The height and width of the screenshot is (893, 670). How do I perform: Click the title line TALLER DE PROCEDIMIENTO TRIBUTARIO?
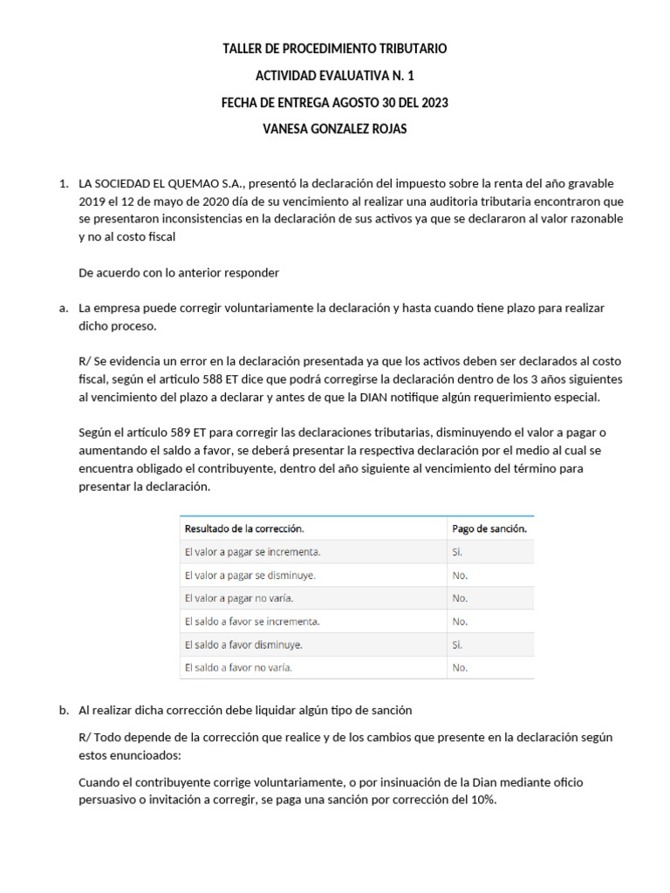pos(335,49)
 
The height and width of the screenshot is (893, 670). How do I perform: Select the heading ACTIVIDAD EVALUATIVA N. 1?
pos(335,76)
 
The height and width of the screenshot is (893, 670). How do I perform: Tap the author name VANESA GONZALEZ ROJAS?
pos(335,129)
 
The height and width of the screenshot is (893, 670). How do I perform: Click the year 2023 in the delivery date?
pos(434,103)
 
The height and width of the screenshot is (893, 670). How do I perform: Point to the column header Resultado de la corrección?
pos(244,528)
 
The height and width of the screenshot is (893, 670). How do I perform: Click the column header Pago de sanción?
pos(489,528)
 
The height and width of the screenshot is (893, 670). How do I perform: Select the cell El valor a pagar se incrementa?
pos(252,552)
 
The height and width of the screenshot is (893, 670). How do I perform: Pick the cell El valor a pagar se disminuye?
pos(250,576)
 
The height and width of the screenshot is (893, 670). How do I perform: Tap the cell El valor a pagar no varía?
pos(239,598)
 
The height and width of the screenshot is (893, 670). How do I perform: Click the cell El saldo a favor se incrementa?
pos(252,622)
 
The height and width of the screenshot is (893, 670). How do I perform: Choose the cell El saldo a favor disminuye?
pos(243,645)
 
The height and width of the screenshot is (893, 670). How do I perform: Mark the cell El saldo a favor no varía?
pos(238,668)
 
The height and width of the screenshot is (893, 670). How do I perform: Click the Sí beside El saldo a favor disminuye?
pos(457,645)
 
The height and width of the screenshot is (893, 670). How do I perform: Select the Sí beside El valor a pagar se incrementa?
pos(457,552)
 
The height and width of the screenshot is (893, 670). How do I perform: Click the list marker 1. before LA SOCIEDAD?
pos(63,184)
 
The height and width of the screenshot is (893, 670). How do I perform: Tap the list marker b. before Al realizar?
pos(64,710)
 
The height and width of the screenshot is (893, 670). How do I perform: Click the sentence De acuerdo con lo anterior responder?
pos(179,273)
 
